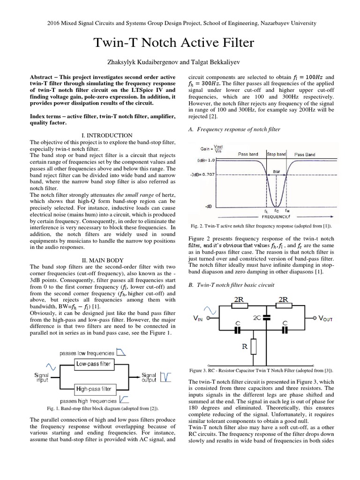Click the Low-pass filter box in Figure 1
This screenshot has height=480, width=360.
(94, 363)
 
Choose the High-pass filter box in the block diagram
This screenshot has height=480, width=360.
(94, 389)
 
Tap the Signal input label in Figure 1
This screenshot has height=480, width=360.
(42, 378)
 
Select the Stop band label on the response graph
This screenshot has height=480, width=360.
(276, 154)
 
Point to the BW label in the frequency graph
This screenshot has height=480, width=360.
(277, 172)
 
